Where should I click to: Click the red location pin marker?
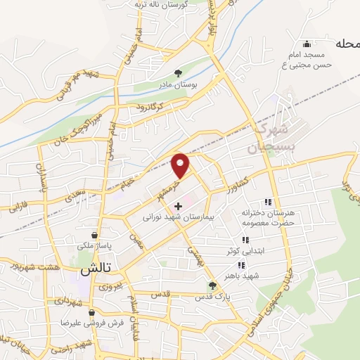point(181,165)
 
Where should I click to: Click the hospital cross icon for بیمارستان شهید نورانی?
point(178,206)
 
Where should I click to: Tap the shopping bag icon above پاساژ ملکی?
point(94,235)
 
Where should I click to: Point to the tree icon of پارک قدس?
point(212,285)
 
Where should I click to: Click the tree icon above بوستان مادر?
point(178,72)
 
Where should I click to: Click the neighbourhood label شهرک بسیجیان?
point(266,140)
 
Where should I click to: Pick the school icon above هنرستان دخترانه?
point(266,202)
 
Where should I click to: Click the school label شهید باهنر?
point(243,276)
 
